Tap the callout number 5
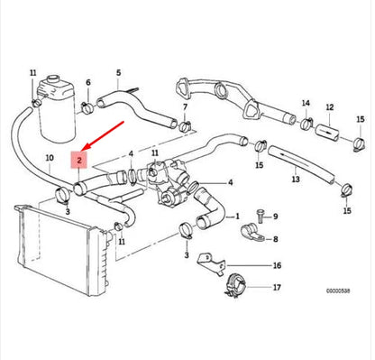click(117, 72)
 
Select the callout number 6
click(87, 83)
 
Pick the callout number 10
click(49, 158)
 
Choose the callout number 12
click(329, 106)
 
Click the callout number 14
click(306, 103)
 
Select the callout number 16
click(277, 266)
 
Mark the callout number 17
click(277, 290)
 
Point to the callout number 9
click(276, 217)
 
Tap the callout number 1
click(237, 217)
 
